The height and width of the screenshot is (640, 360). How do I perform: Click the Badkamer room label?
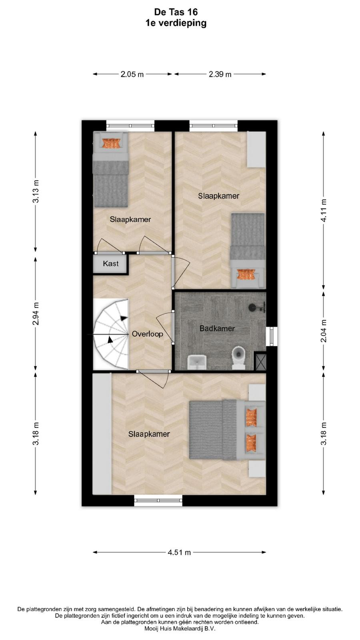(x=217, y=328)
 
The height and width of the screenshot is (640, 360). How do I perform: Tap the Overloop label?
(x=148, y=334)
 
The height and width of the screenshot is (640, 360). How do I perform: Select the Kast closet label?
(x=110, y=264)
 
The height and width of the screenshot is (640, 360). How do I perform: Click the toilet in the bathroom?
(x=238, y=358)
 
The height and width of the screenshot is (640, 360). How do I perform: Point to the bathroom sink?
(x=197, y=362)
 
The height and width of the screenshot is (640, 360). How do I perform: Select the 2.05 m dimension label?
(x=132, y=74)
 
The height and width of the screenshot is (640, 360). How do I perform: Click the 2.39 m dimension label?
(x=220, y=74)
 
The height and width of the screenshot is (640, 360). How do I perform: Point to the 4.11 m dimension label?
(x=324, y=210)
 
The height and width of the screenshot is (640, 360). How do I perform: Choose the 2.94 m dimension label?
(x=36, y=314)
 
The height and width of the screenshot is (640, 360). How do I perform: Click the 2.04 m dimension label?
(x=324, y=331)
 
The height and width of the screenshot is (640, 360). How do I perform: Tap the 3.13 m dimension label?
(x=36, y=192)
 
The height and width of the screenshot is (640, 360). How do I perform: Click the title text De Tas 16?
(x=176, y=12)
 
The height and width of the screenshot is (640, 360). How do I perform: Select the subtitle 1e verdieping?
(x=176, y=23)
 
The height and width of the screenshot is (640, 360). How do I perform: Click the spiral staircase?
(x=111, y=334)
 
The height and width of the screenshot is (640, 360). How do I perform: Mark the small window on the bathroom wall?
(x=272, y=336)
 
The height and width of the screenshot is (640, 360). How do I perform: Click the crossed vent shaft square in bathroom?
(x=260, y=362)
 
